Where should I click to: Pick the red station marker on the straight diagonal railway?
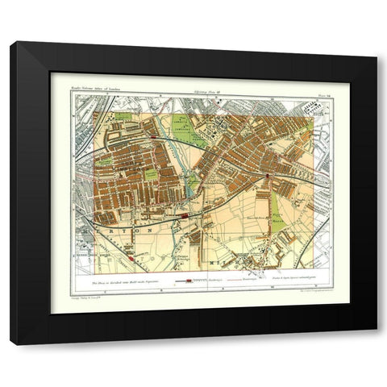[x=127, y=256]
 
